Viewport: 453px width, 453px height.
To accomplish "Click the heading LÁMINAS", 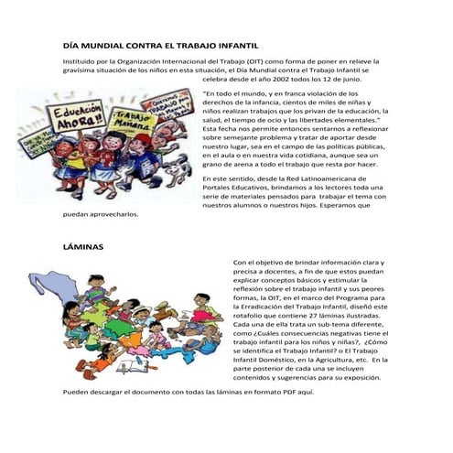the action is coord(83,247).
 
